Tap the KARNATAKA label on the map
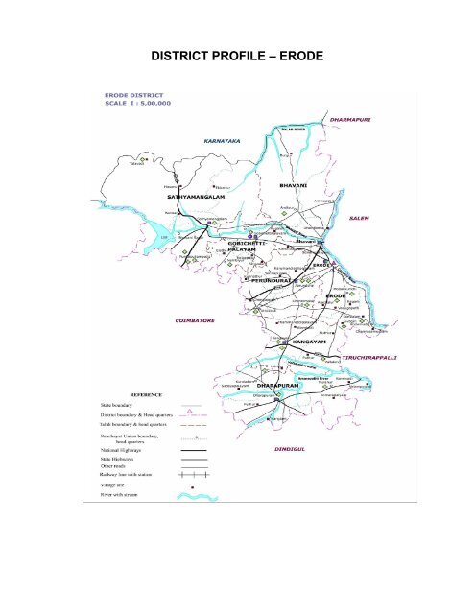coord(226,140)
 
